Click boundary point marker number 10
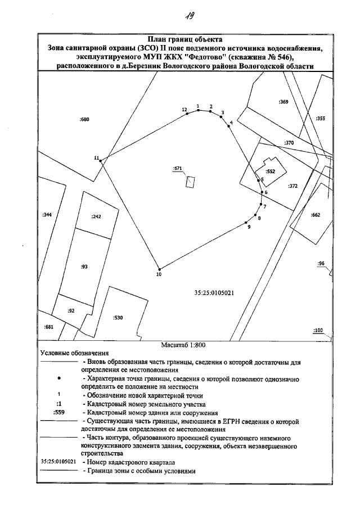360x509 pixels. (160, 268)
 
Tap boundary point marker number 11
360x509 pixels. (101, 161)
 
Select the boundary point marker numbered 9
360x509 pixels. (248, 224)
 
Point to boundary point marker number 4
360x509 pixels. (228, 127)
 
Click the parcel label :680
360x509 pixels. (85, 120)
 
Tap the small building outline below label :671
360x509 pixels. (191, 181)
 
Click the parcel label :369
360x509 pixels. (283, 102)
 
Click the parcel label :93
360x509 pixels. (84, 267)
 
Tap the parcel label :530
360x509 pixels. (118, 318)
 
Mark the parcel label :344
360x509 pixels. (47, 215)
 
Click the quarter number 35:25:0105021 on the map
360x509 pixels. (213, 292)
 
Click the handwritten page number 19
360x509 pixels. (183, 16)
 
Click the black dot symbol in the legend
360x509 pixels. (58, 379)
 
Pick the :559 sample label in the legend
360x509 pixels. (58, 412)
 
